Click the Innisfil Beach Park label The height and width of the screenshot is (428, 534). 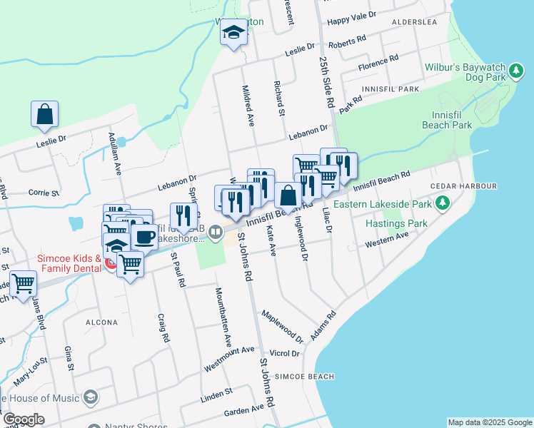(452, 120)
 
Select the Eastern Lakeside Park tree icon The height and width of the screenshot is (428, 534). (443, 204)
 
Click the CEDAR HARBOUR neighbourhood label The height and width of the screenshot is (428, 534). (463, 186)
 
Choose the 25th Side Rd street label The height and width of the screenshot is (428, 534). (327, 82)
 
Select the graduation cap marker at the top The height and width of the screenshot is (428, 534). (233, 32)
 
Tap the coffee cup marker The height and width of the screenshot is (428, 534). (144, 236)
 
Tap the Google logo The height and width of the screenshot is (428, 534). (23, 419)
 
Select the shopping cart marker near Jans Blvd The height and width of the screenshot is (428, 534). (23, 283)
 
